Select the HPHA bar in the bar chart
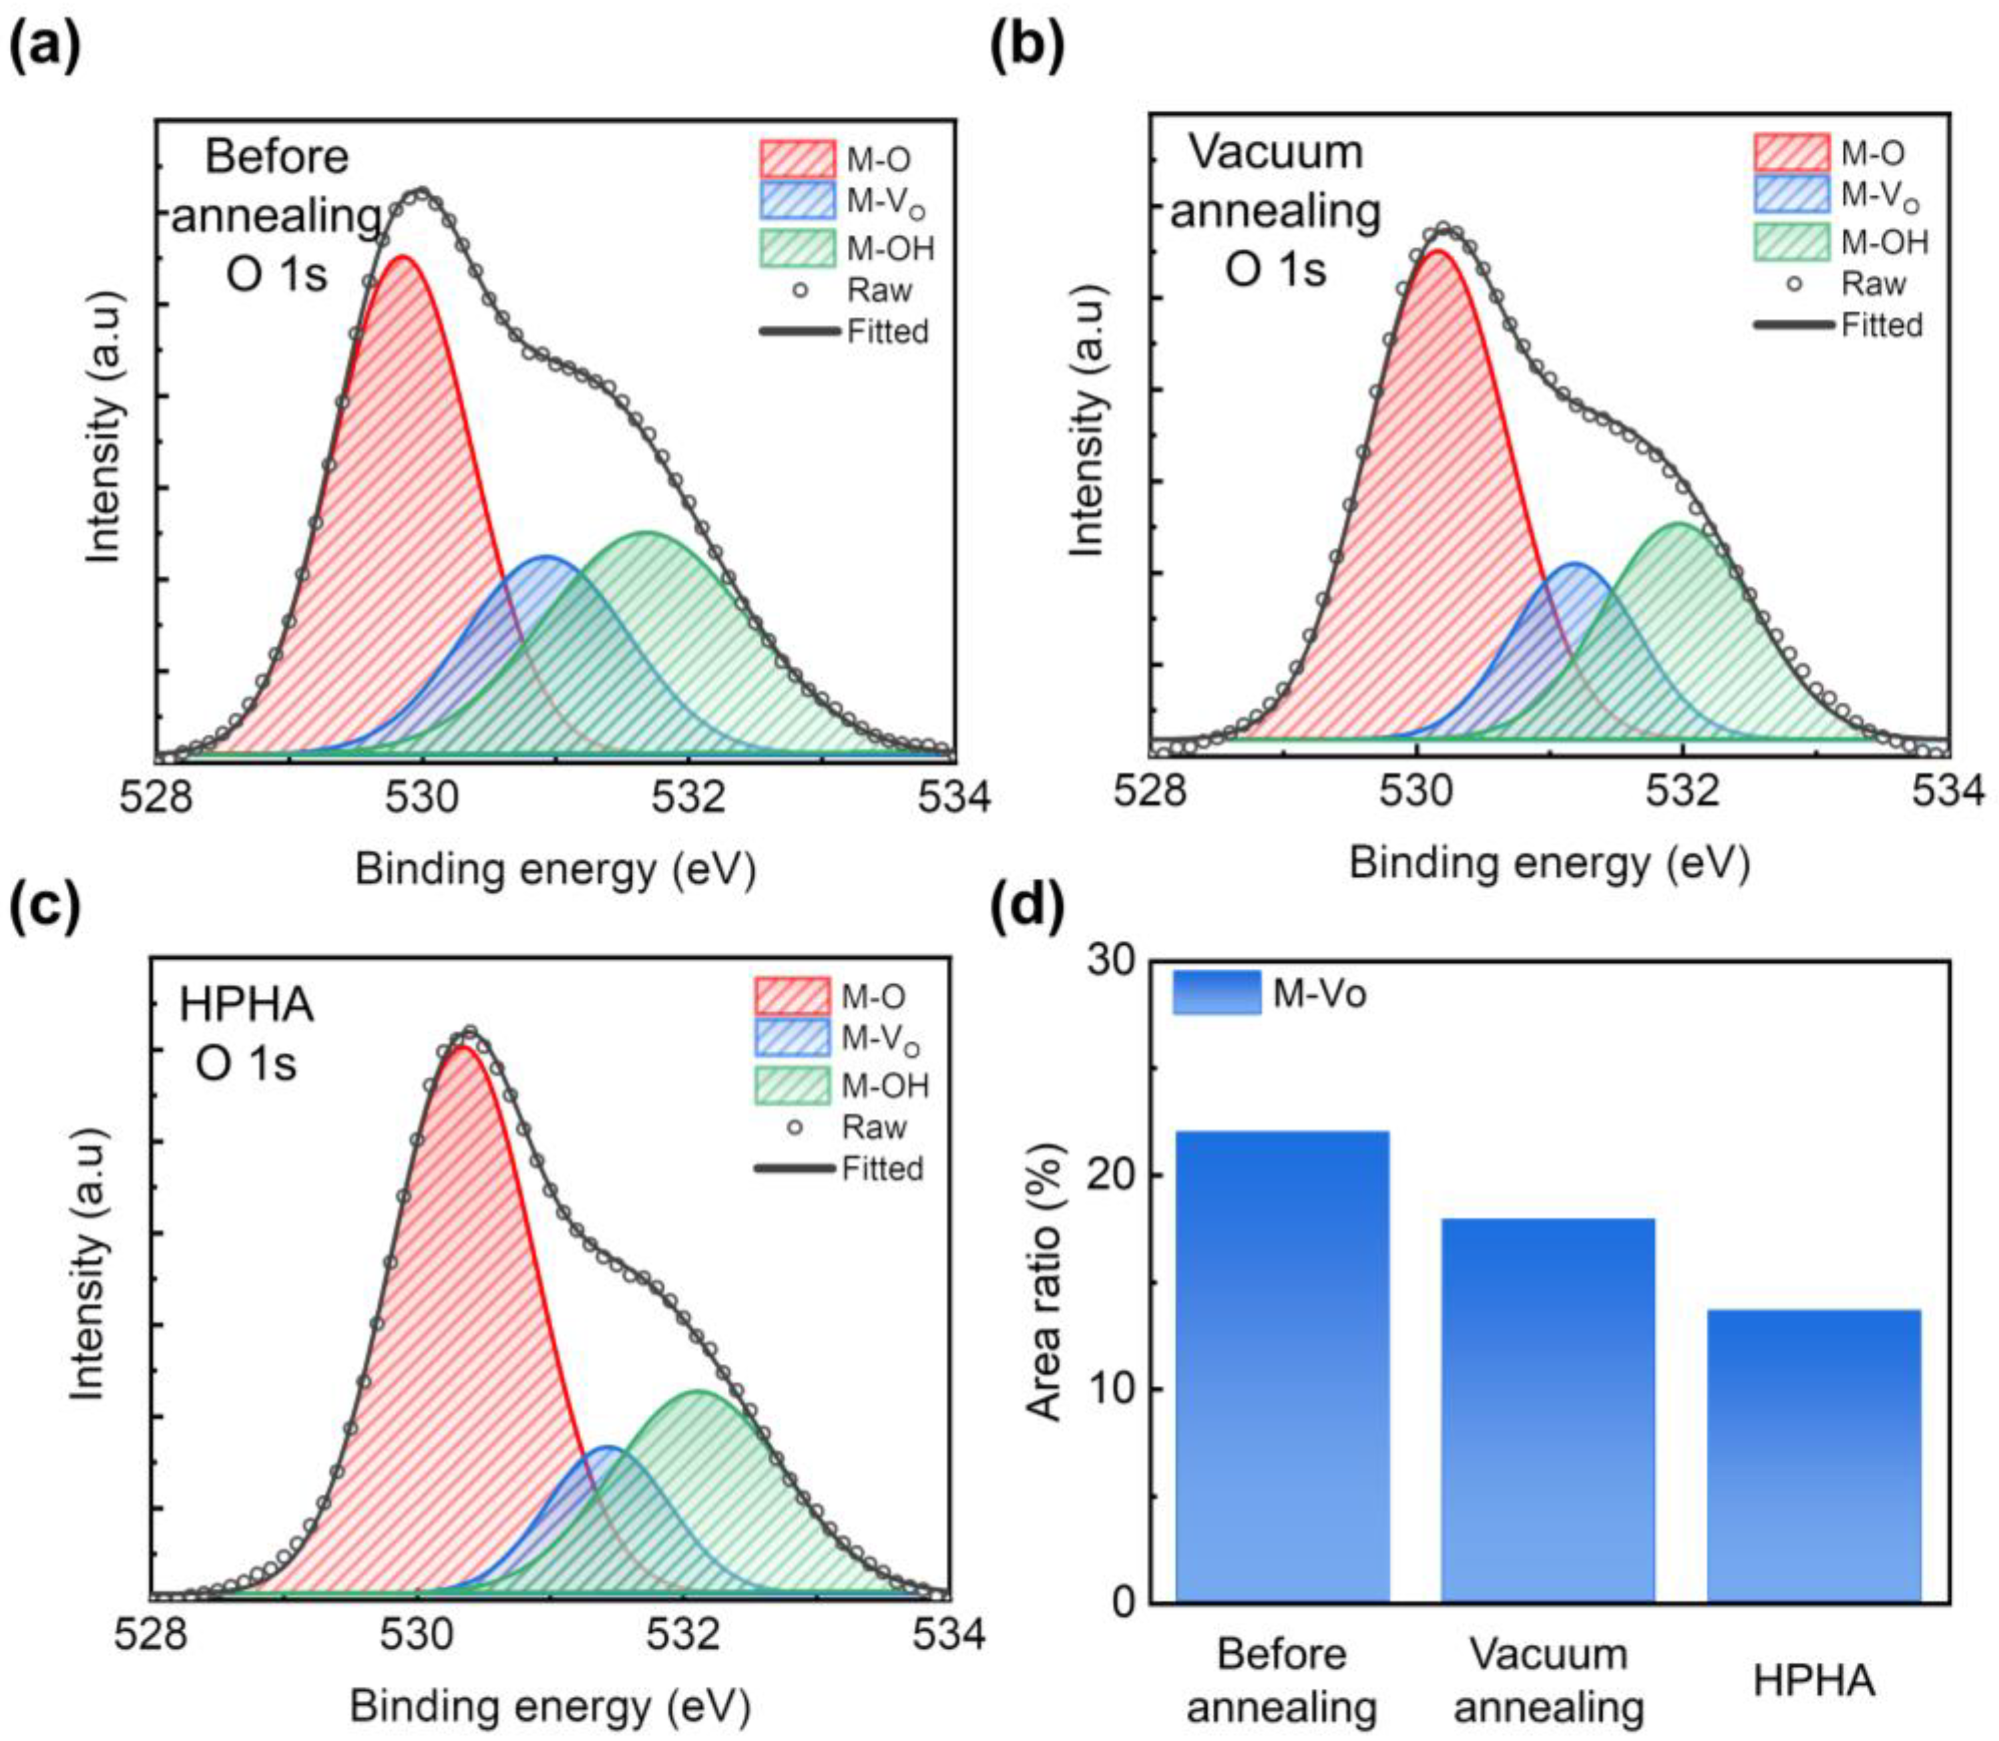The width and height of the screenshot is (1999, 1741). click(1813, 1457)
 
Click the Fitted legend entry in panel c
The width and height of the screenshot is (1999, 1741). click(839, 1168)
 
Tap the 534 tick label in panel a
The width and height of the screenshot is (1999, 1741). click(952, 797)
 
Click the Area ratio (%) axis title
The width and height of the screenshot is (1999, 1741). click(1045, 1282)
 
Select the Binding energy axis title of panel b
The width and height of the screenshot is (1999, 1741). click(1548, 863)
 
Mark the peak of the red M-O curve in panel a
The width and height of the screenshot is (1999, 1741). click(402, 258)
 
